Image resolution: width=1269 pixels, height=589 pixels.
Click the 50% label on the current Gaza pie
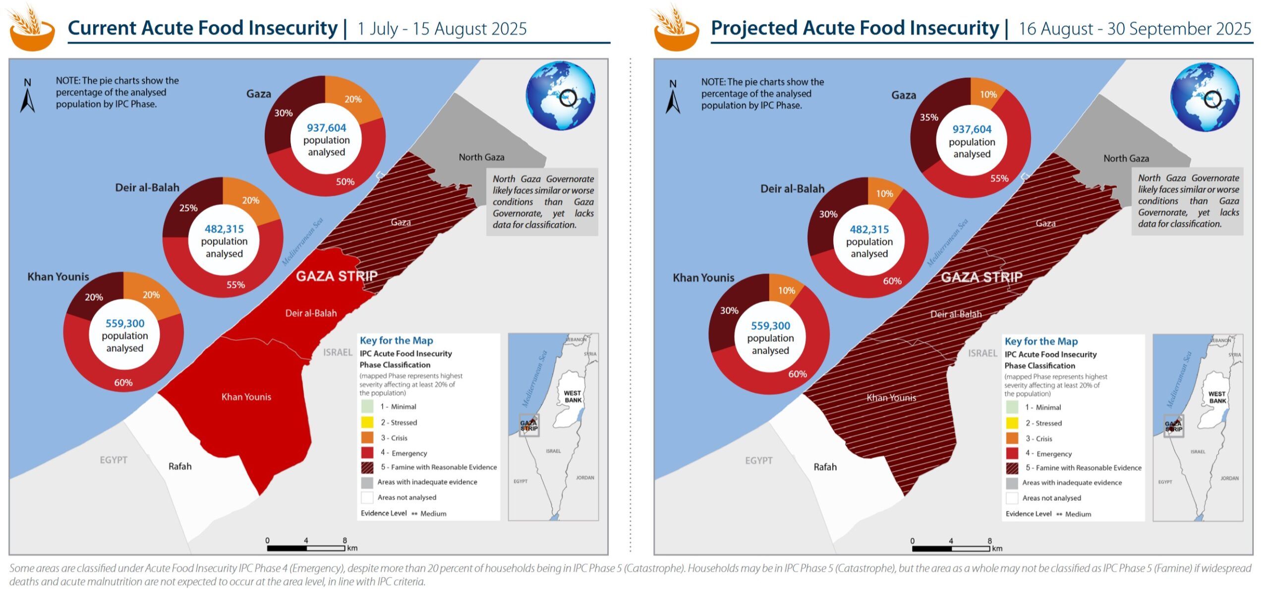pos(345,182)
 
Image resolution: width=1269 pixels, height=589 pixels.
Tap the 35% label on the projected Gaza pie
pos(929,117)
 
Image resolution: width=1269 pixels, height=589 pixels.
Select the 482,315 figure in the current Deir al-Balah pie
pos(224,229)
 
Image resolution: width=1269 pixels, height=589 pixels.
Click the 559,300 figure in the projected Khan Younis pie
pos(770,325)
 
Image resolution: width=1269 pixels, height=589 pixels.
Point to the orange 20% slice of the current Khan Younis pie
pos(150,295)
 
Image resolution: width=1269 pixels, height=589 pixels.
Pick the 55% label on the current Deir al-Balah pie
pos(235,285)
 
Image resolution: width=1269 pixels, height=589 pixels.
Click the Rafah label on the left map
pos(180,466)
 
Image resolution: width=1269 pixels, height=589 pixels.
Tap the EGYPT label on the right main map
pos(758,460)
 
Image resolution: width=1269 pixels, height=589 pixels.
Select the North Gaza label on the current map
pos(481,157)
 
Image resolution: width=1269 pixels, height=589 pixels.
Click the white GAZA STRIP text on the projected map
pos(981,277)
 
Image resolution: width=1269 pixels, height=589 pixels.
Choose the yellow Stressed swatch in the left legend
pos(367,422)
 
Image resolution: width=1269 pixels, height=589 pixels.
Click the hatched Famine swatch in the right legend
pos(1012,468)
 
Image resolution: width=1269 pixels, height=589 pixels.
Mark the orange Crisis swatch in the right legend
pos(1012,438)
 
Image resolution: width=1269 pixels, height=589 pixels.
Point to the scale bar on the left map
pos(305,548)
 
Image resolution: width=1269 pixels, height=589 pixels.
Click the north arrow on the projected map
pos(673,98)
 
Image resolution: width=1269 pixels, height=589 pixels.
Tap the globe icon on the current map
pos(560,96)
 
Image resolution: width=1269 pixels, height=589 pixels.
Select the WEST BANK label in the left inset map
pos(573,396)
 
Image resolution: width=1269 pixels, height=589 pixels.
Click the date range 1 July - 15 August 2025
pos(442,29)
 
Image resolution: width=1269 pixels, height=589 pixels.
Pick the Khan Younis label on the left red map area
pos(246,397)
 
